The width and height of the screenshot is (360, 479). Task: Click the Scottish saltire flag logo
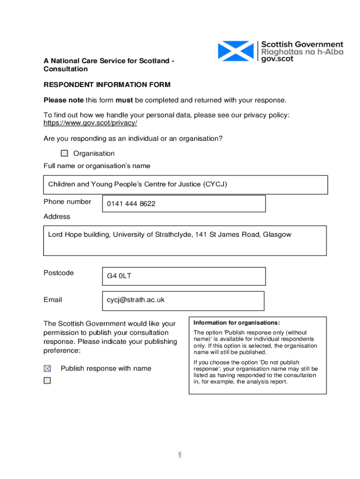click(237, 51)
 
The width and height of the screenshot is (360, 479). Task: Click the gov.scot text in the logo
click(277, 59)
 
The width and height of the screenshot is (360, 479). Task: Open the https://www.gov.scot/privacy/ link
click(90, 123)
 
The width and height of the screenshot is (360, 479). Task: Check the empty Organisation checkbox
click(65, 153)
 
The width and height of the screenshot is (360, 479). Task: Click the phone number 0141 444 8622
click(131, 204)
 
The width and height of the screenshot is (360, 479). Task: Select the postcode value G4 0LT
click(119, 276)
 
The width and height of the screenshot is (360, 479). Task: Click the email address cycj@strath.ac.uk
click(136, 300)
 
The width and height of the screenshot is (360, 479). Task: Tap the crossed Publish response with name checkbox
click(47, 369)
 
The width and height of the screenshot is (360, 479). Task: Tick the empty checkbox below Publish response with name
click(47, 381)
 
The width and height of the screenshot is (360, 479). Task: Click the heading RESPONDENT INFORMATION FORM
click(107, 85)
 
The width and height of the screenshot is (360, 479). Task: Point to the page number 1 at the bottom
click(180, 455)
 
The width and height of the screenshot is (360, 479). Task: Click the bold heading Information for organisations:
click(237, 323)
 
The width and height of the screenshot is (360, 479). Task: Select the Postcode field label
click(58, 273)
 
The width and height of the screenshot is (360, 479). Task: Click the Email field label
click(52, 300)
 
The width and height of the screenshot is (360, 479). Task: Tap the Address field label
click(57, 217)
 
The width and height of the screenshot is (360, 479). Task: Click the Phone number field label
click(67, 202)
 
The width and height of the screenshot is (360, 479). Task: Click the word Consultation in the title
click(65, 69)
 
